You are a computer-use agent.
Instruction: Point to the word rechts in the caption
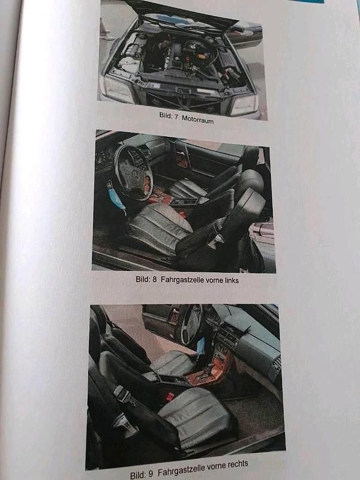[233, 464]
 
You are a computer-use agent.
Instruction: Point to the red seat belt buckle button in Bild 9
[170, 397]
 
